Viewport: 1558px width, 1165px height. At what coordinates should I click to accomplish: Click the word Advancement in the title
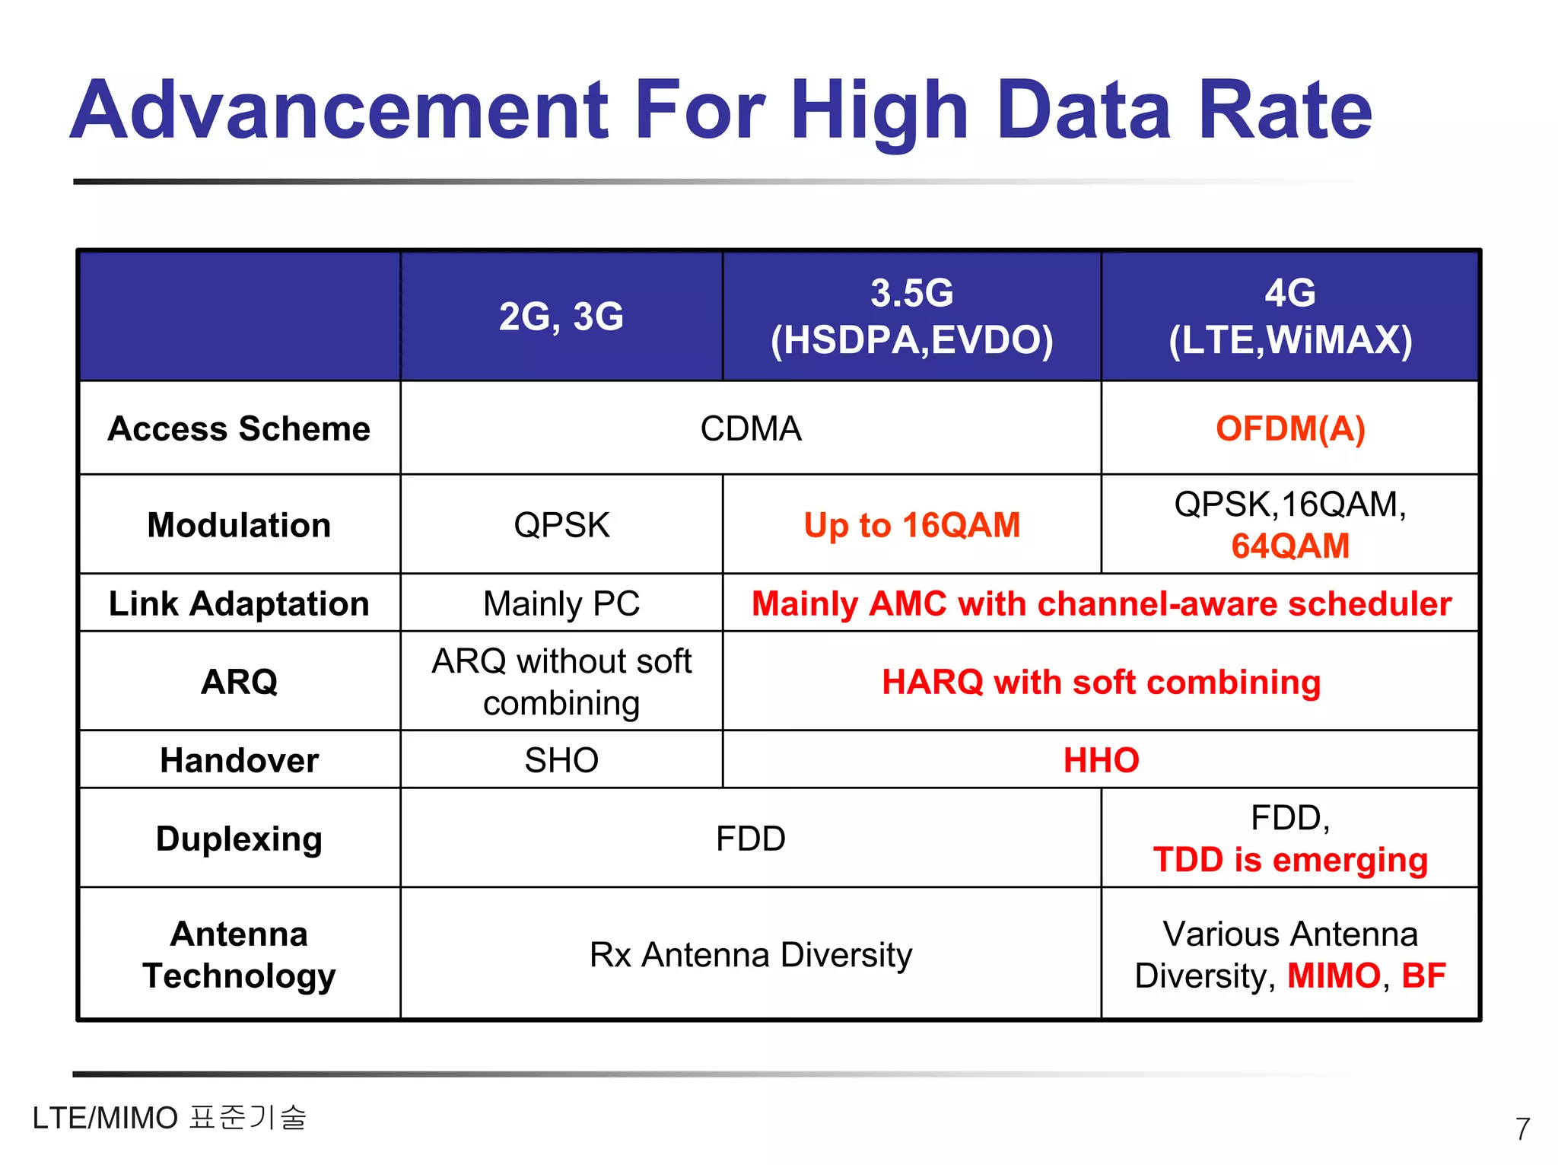[x=339, y=110]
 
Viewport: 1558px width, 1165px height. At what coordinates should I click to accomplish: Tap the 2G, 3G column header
[x=561, y=317]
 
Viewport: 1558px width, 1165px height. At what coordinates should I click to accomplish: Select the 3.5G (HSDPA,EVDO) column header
[x=911, y=317]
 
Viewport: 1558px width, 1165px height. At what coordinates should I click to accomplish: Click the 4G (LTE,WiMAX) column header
[x=1290, y=317]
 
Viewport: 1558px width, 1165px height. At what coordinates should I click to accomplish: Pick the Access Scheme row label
[x=239, y=428]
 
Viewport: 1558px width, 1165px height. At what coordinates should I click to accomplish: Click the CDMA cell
[x=751, y=428]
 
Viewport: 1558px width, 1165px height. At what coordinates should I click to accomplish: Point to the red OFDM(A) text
[x=1290, y=428]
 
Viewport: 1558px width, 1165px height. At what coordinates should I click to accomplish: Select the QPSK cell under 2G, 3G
[x=561, y=525]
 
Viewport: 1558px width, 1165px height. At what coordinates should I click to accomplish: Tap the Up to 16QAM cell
[x=911, y=525]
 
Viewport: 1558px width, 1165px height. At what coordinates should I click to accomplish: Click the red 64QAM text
[x=1290, y=546]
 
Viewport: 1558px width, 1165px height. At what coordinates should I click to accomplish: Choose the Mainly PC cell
[x=561, y=604]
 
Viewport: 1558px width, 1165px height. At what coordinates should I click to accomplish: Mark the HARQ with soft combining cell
[x=1101, y=682]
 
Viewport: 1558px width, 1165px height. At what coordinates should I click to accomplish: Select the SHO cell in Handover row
[x=561, y=760]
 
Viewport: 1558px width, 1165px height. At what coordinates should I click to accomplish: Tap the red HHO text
[x=1101, y=760]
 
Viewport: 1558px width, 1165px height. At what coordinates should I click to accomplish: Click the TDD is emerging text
[x=1290, y=861]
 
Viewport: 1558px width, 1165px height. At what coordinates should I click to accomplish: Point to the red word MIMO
[x=1334, y=976]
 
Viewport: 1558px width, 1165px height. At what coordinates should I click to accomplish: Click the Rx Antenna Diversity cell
[x=751, y=955]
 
